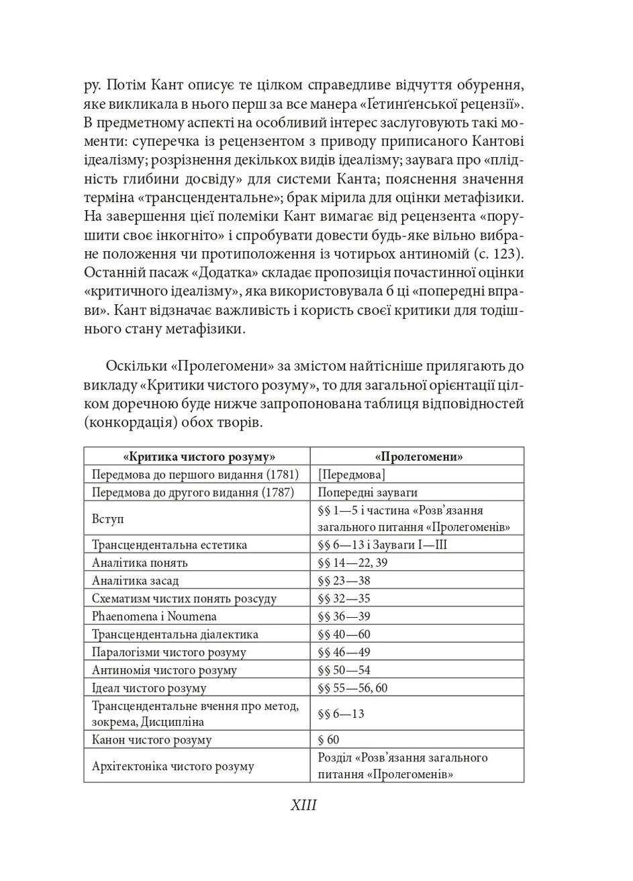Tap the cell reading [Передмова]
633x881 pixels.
click(x=352, y=475)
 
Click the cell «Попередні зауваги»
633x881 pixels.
click(x=368, y=492)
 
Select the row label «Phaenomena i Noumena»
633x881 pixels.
click(x=154, y=616)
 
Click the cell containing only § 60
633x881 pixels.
click(x=328, y=740)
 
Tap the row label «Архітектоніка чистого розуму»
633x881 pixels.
click(x=173, y=766)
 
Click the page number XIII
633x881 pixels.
click(x=303, y=805)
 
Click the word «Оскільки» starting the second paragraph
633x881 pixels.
click(x=135, y=366)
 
